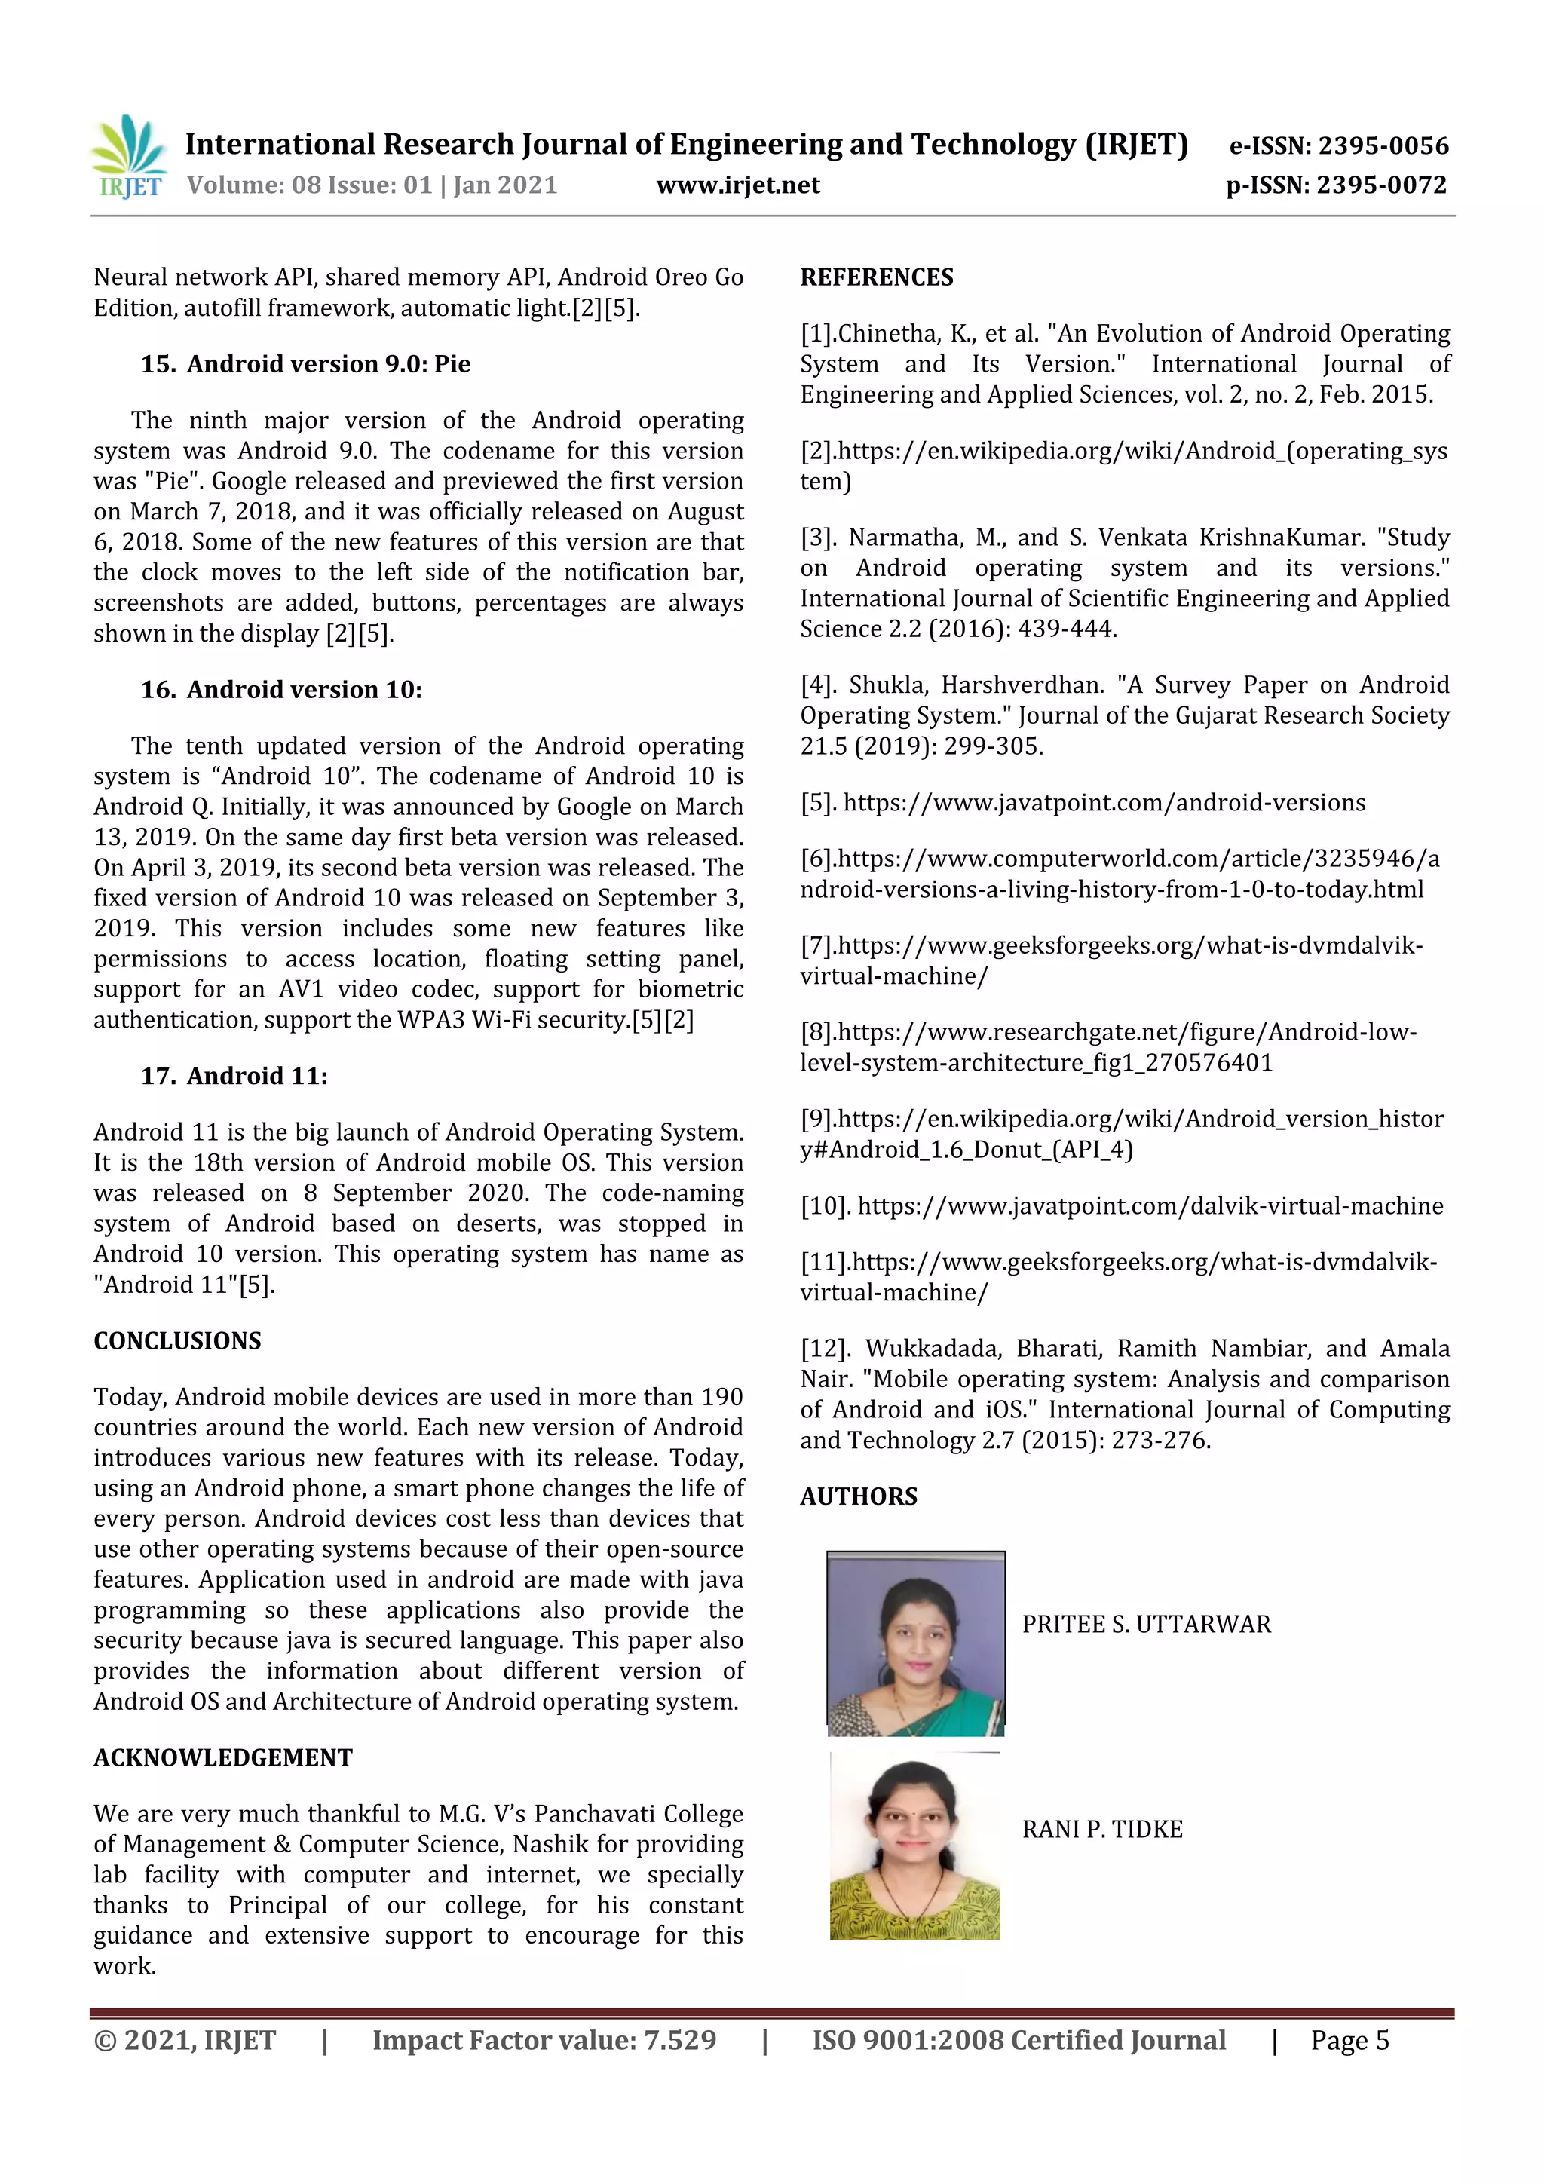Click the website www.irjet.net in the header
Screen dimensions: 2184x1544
pos(737,185)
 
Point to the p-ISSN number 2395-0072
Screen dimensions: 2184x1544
pos(1380,185)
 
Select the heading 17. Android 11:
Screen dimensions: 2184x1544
pos(234,1076)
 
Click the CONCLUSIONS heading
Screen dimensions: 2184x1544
pos(177,1340)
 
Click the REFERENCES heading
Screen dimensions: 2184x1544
pos(876,277)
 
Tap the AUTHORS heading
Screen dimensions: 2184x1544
pos(858,1496)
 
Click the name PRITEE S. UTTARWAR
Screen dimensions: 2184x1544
pos(1145,1624)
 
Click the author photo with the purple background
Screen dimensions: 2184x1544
pos(915,1643)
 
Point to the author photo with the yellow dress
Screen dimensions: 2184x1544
pos(914,1846)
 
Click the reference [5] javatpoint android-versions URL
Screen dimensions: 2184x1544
pos(1104,803)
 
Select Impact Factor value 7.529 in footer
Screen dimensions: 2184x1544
pos(544,2040)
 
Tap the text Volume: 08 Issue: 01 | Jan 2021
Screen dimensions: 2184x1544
pos(372,185)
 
